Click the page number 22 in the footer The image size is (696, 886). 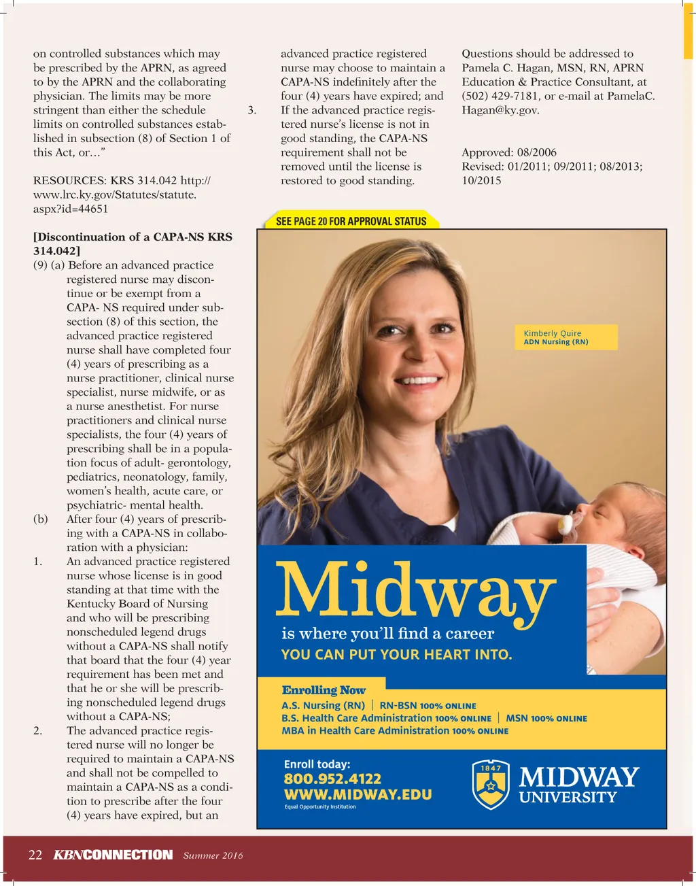[35, 855]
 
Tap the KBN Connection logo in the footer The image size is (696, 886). [113, 855]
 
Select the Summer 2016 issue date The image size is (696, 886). [213, 855]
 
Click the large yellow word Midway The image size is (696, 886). [415, 591]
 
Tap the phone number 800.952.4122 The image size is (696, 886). [332, 779]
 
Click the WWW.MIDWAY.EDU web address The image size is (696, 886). [358, 794]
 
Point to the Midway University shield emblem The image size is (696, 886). [491, 784]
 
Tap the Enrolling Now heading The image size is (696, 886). [324, 690]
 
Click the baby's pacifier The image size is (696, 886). [564, 524]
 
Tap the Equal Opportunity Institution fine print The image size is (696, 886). [319, 807]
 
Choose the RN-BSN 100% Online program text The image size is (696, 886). [428, 706]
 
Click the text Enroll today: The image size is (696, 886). [317, 764]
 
